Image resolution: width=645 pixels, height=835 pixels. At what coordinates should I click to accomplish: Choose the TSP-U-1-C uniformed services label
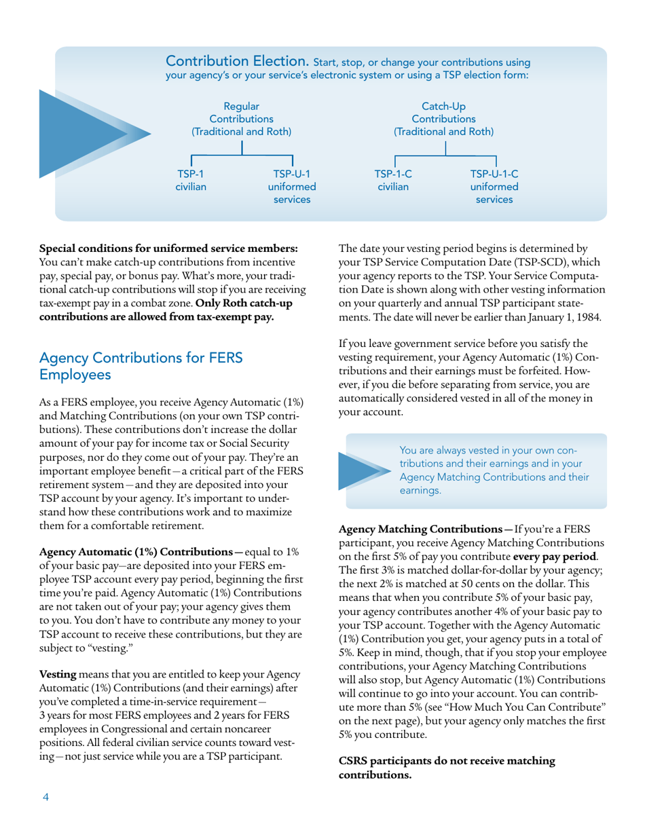[494, 187]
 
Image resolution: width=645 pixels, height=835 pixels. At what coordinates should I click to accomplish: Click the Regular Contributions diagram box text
[241, 119]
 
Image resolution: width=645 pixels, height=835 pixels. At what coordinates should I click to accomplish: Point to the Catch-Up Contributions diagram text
[444, 119]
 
